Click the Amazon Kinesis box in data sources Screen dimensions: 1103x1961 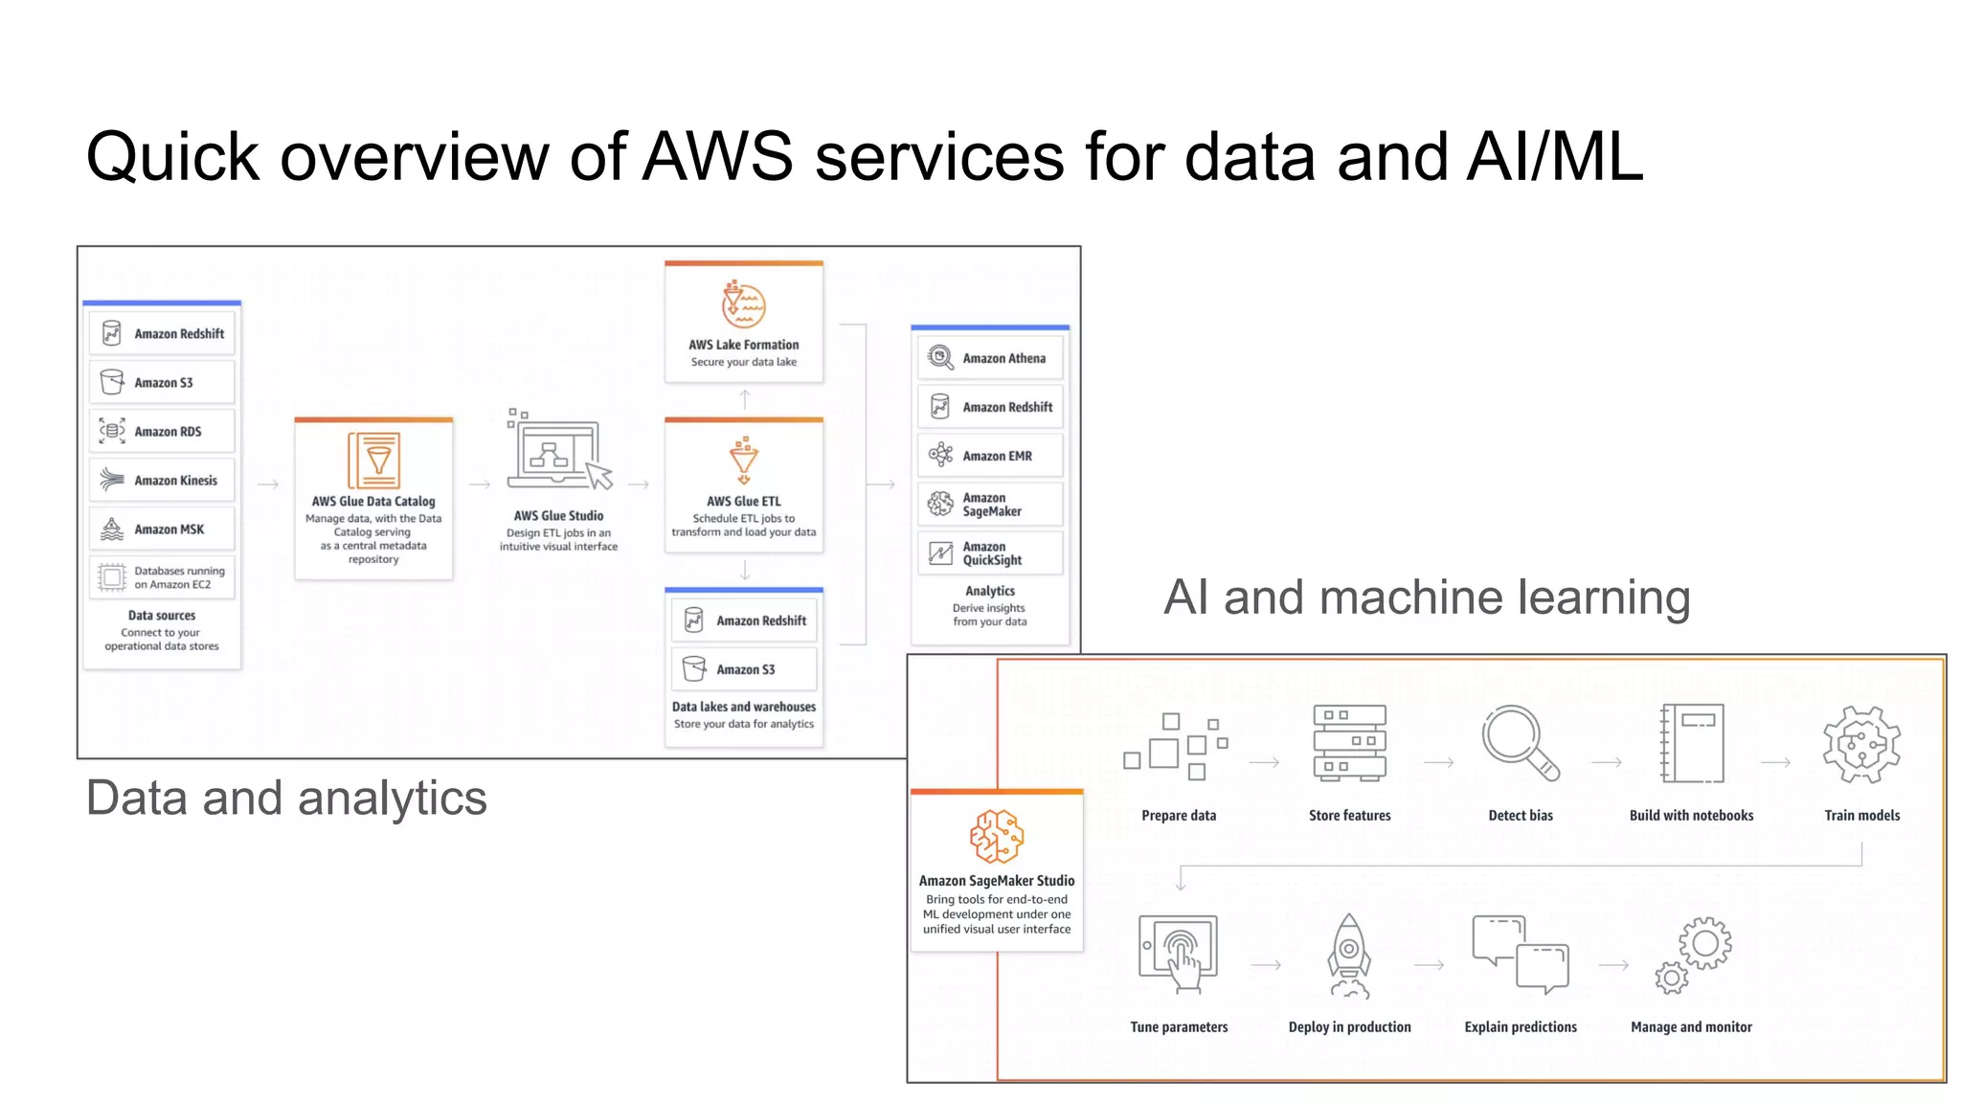(x=162, y=480)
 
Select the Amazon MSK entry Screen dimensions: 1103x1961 (x=162, y=529)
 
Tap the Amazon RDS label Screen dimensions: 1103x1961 (x=168, y=432)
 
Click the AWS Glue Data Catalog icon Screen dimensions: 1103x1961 (x=373, y=461)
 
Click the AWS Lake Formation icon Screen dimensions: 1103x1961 (x=743, y=304)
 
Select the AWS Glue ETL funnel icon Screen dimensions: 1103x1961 (x=743, y=461)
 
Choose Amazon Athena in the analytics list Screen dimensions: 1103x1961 (x=990, y=358)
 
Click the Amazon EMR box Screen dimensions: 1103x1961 (x=990, y=456)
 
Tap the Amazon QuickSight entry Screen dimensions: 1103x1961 (x=990, y=553)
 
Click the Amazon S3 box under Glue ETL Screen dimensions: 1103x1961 (x=744, y=669)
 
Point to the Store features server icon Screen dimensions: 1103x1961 (x=1349, y=742)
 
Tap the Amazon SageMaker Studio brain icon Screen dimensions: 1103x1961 (x=996, y=835)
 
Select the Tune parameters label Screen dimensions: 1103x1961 (x=1179, y=1026)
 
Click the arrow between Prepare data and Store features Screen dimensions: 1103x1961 (x=1264, y=762)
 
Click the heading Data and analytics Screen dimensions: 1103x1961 (x=286, y=798)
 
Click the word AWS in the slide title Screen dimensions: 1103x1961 (x=717, y=156)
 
